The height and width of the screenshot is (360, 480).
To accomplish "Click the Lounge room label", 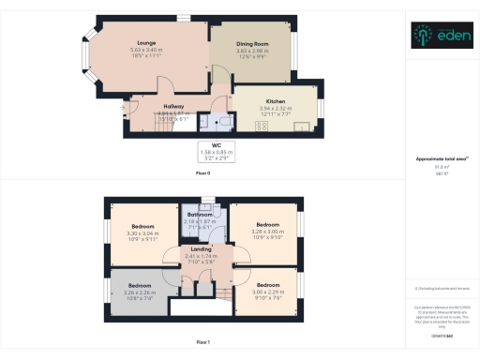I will (145, 43).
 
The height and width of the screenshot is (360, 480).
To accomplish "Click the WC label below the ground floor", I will (217, 145).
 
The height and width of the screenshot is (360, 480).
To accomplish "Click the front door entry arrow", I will (123, 107).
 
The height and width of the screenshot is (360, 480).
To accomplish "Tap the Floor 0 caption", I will (202, 174).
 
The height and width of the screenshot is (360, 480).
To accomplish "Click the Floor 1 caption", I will (202, 343).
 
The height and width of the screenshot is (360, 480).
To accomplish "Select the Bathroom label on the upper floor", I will (200, 215).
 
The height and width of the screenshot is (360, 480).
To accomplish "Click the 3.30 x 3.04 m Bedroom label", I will (142, 227).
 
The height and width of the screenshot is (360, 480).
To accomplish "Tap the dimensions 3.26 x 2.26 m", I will (140, 292).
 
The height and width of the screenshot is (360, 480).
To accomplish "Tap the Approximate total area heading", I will (441, 160).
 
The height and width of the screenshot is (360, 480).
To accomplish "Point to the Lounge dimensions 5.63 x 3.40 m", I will (145, 50).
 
